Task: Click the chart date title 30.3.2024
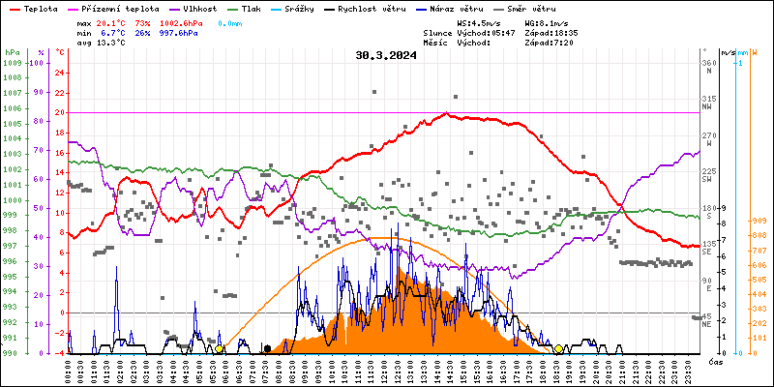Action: [386, 55]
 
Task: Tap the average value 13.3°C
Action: [109, 43]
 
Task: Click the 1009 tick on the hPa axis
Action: [12, 63]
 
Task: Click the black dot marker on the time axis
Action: [267, 348]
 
